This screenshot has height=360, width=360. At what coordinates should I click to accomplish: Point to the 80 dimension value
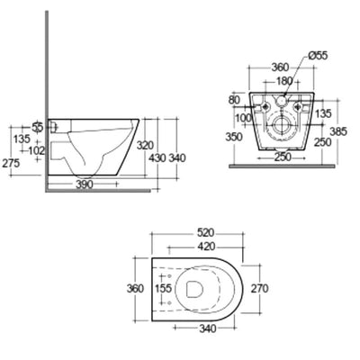[237, 101]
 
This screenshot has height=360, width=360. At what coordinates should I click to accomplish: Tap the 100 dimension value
[242, 117]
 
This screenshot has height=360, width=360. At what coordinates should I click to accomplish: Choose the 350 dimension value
[236, 137]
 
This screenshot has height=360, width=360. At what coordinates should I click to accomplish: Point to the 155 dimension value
[162, 290]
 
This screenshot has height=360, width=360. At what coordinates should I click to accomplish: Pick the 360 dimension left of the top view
[136, 290]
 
